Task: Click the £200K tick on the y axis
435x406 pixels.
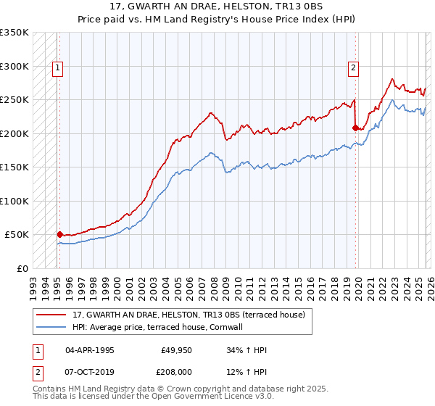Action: click(14, 133)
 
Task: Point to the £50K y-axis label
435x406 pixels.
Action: click(17, 235)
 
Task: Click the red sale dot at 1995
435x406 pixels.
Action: click(59, 234)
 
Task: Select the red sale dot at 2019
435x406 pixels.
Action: click(355, 128)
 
